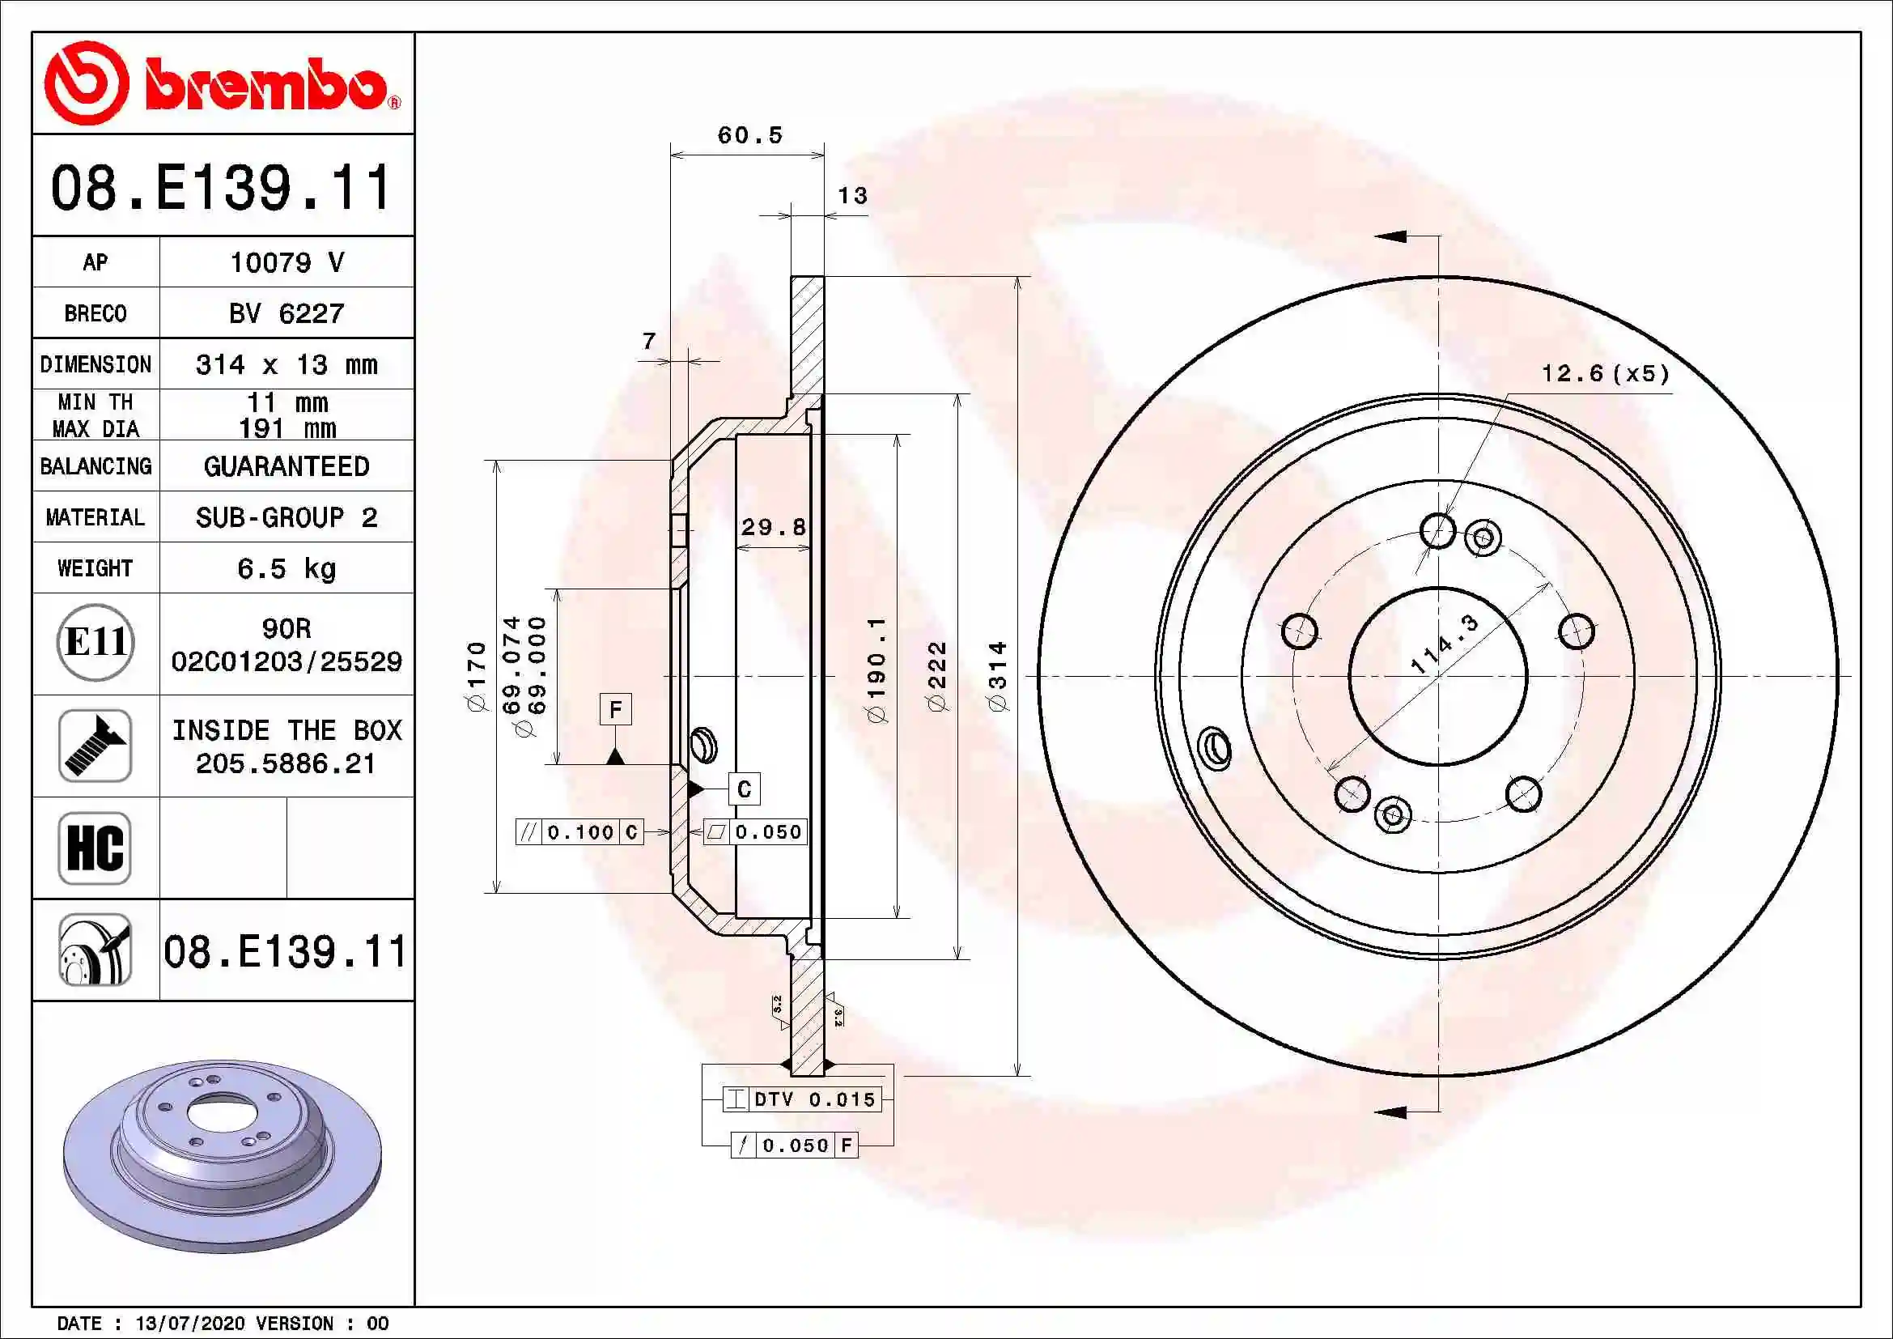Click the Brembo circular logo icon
[86, 83]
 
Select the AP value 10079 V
[286, 263]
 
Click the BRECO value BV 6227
[286, 314]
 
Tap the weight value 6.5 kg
[286, 569]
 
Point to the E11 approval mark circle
[95, 642]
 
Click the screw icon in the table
[95, 746]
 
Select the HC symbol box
[95, 848]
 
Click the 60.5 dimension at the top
[749, 135]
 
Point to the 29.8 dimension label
[773, 528]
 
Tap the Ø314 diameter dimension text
[998, 676]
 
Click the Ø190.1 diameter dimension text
[877, 669]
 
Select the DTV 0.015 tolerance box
[801, 1099]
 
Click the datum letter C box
[744, 789]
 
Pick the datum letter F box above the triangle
[615, 709]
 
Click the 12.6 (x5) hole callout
[1604, 374]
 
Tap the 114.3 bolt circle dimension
[1445, 644]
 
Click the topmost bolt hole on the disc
[1438, 530]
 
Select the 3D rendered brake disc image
[223, 1154]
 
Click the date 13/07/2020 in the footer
[189, 1324]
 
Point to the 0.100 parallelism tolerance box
[579, 832]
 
